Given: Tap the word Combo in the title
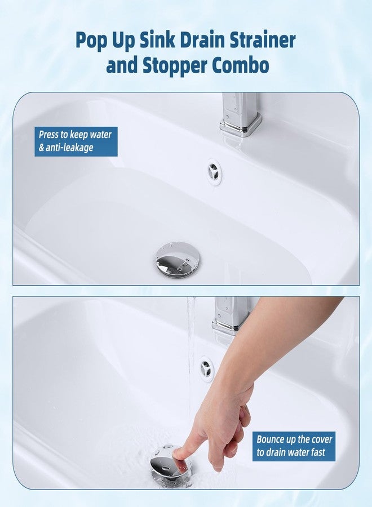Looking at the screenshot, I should pos(240,66).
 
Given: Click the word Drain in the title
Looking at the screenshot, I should pos(187,41).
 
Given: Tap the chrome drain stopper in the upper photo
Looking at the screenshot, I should pos(176,260).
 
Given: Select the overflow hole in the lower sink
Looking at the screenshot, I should pos(207,369).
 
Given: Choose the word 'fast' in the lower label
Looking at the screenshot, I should pos(317,452).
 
